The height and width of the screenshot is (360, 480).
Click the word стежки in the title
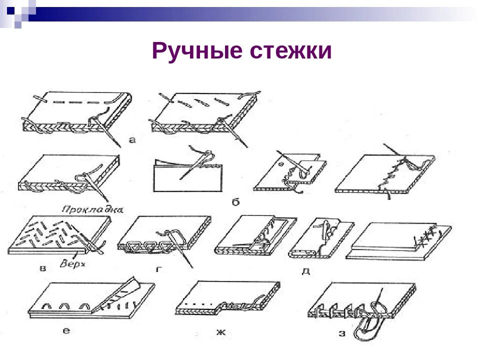(x=286, y=51)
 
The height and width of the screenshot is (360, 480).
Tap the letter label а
(x=132, y=140)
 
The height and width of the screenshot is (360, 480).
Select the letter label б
(x=236, y=202)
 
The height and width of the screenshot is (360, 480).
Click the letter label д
(x=305, y=270)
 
